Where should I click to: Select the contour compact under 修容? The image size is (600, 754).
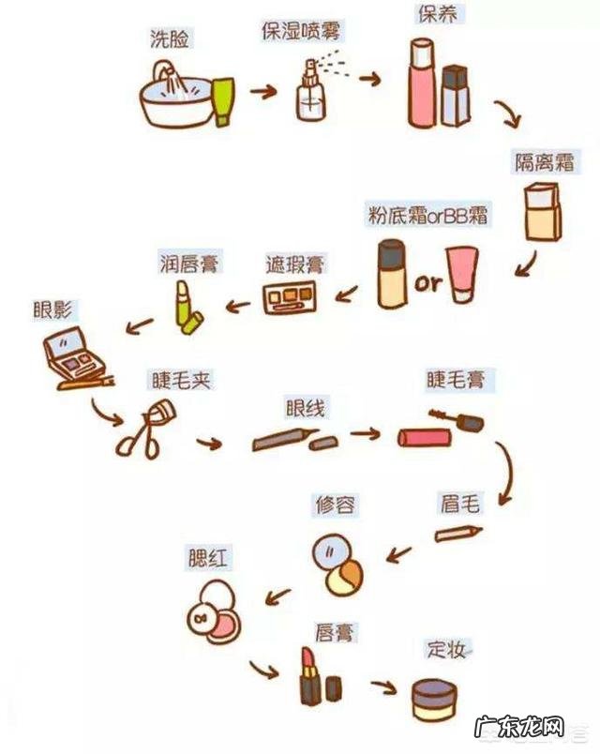coord(338,565)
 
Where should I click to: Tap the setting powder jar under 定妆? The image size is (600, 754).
coord(434,699)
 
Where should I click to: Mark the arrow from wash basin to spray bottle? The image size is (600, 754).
coord(263,93)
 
